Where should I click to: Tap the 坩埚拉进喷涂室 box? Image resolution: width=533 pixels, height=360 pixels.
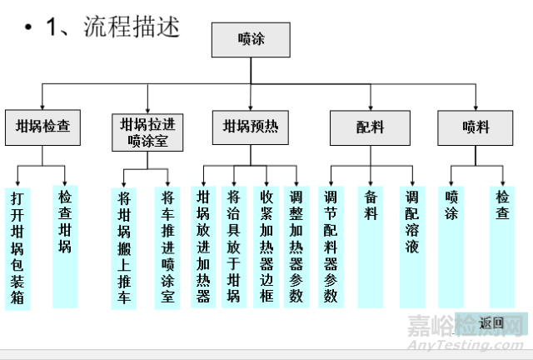(147, 132)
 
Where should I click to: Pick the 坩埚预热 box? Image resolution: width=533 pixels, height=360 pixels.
(251, 127)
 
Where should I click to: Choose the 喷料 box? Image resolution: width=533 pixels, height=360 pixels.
(476, 127)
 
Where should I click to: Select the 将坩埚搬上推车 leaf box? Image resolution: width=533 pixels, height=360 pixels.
(124, 248)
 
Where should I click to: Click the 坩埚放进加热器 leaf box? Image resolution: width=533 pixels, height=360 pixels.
(202, 247)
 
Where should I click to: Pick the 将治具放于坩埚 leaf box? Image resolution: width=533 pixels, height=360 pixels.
(233, 247)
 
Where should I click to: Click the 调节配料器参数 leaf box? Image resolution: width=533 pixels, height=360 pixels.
(331, 247)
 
